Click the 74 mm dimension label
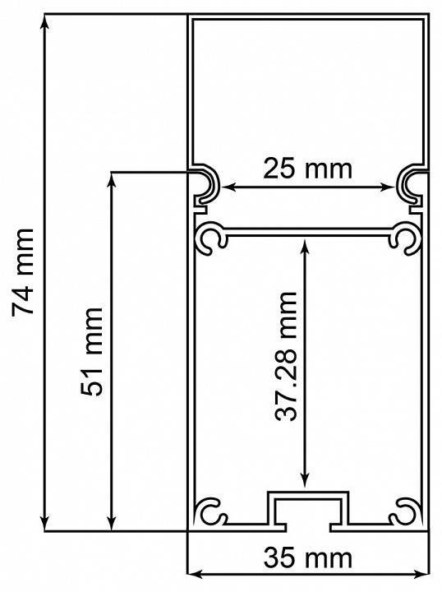click(x=23, y=272)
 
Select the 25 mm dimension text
click(x=307, y=169)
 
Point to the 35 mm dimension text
click(x=308, y=558)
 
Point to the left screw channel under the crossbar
click(x=211, y=238)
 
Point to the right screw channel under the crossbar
click(x=406, y=238)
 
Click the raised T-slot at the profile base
click(x=309, y=508)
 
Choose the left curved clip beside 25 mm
click(x=205, y=185)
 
